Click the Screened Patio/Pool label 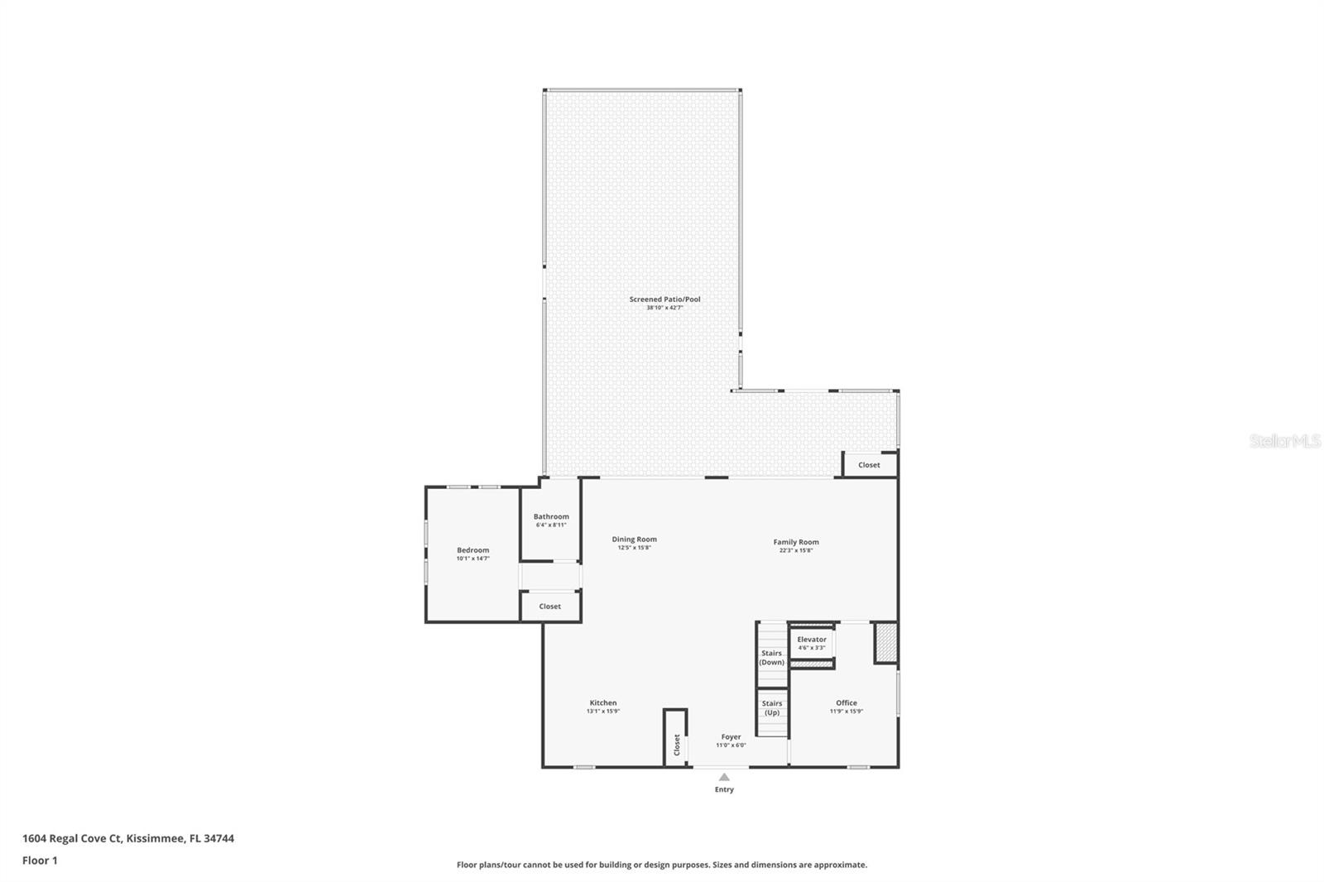click(x=664, y=300)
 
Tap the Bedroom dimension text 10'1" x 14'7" click(x=473, y=558)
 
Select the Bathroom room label click(x=551, y=516)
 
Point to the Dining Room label click(x=634, y=539)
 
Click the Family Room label click(x=796, y=542)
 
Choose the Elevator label click(x=812, y=639)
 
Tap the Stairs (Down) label click(x=772, y=658)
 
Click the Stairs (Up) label click(x=771, y=707)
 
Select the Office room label click(x=846, y=702)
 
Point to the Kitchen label click(x=602, y=702)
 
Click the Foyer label click(x=731, y=736)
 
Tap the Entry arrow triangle click(x=724, y=777)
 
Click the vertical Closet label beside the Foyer click(x=676, y=745)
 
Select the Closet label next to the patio click(x=869, y=465)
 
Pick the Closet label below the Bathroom click(x=549, y=606)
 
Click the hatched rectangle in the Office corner click(x=885, y=643)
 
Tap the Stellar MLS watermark click(x=1284, y=441)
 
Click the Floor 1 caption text click(x=40, y=860)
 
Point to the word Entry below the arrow click(x=724, y=789)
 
